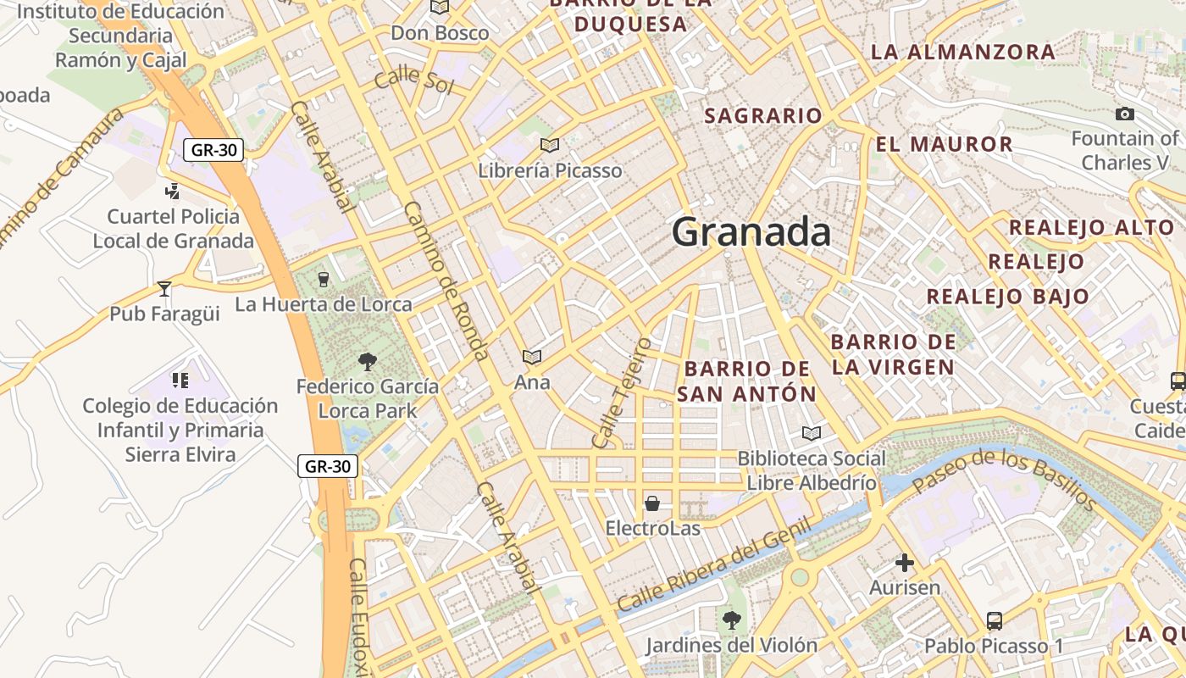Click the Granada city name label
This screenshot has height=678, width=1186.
click(x=751, y=232)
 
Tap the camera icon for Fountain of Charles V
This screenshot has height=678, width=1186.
click(x=1125, y=114)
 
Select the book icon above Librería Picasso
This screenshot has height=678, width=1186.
click(x=550, y=145)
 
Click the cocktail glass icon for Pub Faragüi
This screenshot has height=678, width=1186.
click(x=164, y=289)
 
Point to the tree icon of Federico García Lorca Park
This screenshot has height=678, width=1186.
click(x=368, y=362)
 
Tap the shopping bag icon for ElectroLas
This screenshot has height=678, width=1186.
click(x=652, y=504)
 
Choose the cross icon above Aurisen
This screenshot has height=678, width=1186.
click(x=905, y=563)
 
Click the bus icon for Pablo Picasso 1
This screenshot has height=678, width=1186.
click(x=995, y=621)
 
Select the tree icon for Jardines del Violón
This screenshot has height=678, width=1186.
click(x=731, y=620)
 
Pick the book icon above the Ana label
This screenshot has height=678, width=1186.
click(x=532, y=358)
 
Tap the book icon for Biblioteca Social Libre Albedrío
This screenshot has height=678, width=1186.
click(x=812, y=434)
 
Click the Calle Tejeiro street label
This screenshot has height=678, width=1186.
click(x=622, y=393)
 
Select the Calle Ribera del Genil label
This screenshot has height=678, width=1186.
click(x=714, y=565)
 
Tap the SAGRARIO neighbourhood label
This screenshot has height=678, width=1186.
click(x=763, y=116)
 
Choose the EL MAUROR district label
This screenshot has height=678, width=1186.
click(x=944, y=144)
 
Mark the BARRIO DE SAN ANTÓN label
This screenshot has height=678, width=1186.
click(x=746, y=381)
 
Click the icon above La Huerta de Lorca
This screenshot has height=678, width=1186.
click(x=323, y=279)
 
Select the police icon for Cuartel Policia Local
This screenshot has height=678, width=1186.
click(x=173, y=192)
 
